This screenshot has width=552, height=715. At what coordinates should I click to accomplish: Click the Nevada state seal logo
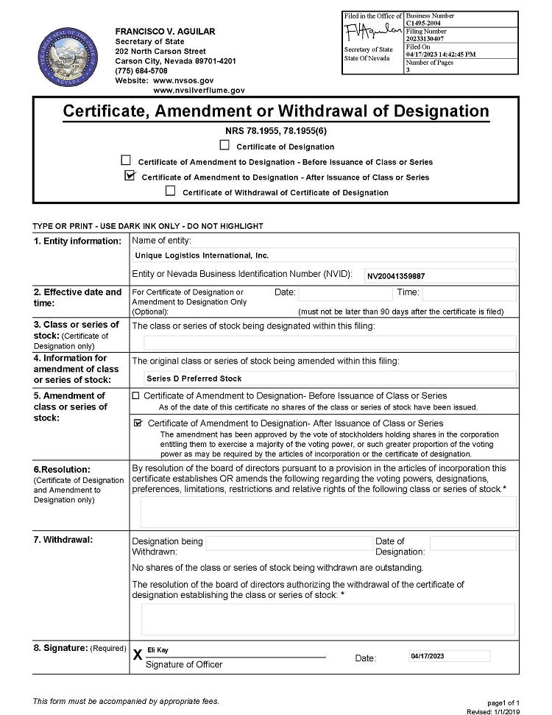click(63, 57)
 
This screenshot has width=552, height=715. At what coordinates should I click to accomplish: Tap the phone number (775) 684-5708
click(141, 71)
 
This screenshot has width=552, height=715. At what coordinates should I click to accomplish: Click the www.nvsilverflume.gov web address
click(199, 90)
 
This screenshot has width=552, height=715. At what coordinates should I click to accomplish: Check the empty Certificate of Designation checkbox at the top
click(224, 146)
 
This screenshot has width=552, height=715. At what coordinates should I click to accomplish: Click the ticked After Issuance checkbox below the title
click(130, 176)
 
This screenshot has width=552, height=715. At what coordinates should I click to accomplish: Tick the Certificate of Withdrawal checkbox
click(171, 191)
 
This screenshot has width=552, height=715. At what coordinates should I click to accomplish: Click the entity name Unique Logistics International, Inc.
click(202, 256)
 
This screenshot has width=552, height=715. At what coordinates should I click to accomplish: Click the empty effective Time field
click(468, 293)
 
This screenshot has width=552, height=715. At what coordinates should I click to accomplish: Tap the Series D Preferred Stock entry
click(194, 378)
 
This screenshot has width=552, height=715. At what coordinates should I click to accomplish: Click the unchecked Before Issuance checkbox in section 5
click(135, 395)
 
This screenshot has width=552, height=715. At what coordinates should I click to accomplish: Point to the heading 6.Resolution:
click(62, 469)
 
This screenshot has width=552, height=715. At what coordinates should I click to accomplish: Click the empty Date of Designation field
click(473, 543)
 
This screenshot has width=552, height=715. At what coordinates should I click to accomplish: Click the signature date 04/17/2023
click(427, 656)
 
